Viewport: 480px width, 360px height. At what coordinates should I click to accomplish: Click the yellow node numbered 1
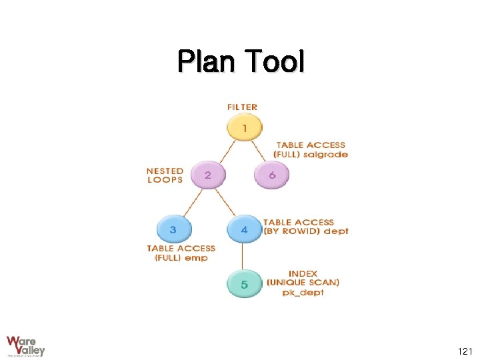[x=244, y=127]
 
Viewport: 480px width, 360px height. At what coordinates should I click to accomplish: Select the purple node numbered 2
[x=208, y=175]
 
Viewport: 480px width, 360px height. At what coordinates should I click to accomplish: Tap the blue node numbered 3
[x=173, y=229]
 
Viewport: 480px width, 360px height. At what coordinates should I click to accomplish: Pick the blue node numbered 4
[x=244, y=229]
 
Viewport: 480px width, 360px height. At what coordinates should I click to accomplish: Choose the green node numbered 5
[x=244, y=284]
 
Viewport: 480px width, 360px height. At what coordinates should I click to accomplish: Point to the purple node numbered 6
[x=272, y=175]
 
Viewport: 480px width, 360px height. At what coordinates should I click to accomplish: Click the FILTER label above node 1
[x=242, y=107]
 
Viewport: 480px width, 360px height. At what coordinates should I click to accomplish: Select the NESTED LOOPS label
[x=165, y=175]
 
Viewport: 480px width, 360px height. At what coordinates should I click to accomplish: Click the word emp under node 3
[x=196, y=258]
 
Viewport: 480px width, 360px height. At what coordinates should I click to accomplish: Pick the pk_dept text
[x=303, y=293]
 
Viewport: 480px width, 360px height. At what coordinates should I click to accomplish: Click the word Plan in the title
[x=207, y=62]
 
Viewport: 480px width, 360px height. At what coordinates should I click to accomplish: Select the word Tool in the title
[x=275, y=62]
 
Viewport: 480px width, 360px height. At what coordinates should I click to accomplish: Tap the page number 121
[x=465, y=351]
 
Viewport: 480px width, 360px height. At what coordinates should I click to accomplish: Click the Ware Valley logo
[x=26, y=345]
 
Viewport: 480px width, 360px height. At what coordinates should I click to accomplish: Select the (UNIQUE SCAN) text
[x=303, y=283]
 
